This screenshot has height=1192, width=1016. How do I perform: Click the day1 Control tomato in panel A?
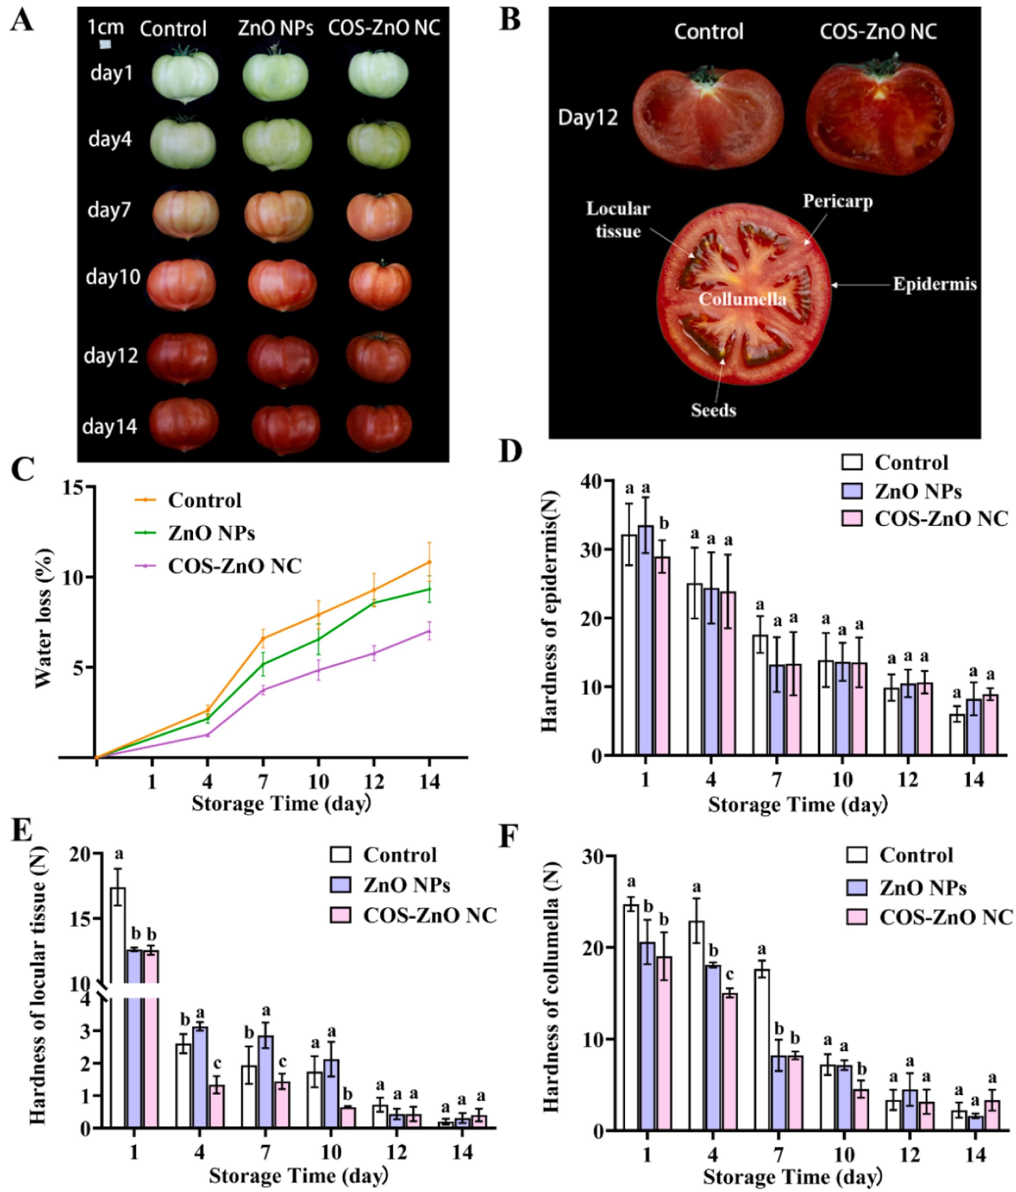click(x=185, y=75)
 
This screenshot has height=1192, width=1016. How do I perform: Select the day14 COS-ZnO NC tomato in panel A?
click(x=379, y=425)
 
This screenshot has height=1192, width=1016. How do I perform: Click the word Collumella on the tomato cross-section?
click(x=742, y=299)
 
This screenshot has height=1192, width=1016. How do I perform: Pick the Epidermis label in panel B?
click(x=934, y=284)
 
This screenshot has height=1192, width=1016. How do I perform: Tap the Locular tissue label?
click(x=618, y=220)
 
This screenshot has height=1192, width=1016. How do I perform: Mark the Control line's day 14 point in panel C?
click(x=428, y=562)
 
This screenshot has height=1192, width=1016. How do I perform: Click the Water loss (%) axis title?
click(x=44, y=618)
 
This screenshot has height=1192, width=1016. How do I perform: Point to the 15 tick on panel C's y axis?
click(x=74, y=487)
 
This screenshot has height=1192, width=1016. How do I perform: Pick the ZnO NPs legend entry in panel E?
click(x=406, y=885)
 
